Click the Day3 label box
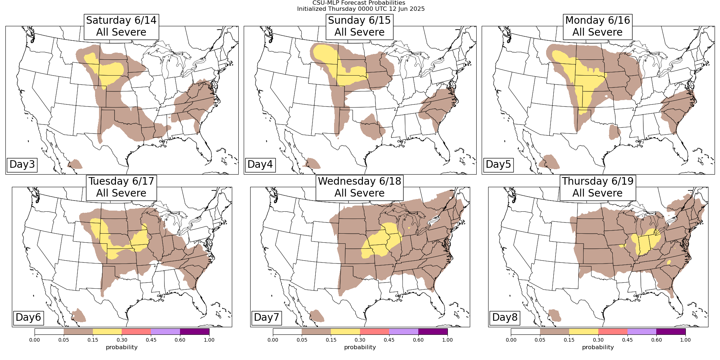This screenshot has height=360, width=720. pos(22,165)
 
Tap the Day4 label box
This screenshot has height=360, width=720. pos(260,165)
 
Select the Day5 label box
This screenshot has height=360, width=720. pos(498,165)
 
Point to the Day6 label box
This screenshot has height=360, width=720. pos(28,318)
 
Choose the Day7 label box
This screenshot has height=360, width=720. pos(266,318)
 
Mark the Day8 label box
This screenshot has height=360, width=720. pos(505,318)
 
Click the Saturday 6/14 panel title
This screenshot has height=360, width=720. pos(121,26)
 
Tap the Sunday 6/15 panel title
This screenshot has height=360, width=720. pos(359,26)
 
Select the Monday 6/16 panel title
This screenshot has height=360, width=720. pos(598,26)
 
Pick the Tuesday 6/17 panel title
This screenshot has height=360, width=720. pos(121,187)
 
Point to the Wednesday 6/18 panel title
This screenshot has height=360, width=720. pos(359,187)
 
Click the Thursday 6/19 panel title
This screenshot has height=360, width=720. pos(598,187)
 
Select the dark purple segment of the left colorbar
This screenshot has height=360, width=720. pos(194,332)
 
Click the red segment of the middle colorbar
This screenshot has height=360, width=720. pos(374,332)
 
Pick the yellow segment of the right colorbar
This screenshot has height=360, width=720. pos(584,332)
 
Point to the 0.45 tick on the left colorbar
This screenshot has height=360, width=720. pos(151,340)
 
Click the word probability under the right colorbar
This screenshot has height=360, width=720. pos(598,347)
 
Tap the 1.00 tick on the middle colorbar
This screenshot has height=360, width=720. pos(447,340)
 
